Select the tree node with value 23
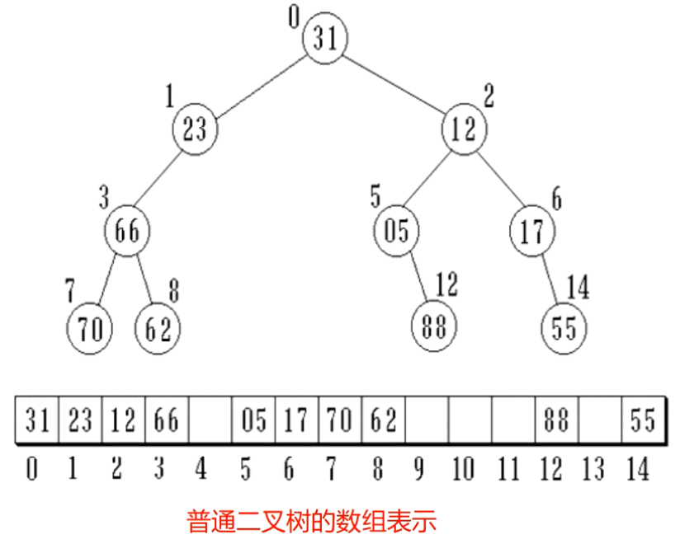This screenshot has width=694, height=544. [x=195, y=130]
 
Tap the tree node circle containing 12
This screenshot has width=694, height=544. [x=465, y=130]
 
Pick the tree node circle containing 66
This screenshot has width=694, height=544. [x=126, y=232]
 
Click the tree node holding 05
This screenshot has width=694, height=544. [x=397, y=232]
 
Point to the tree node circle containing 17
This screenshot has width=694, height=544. [x=531, y=232]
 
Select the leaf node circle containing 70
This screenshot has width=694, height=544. [x=89, y=329]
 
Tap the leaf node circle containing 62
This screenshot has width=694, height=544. [x=158, y=329]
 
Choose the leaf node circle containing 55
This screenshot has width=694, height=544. [x=564, y=329]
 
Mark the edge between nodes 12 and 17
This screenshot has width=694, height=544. [x=498, y=181]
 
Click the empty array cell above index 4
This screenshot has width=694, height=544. [x=210, y=421]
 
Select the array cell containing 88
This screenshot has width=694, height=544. [x=556, y=421]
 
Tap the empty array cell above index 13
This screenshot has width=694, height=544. [x=600, y=421]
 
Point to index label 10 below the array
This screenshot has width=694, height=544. [x=463, y=470]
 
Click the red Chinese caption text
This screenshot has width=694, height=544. [x=311, y=521]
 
